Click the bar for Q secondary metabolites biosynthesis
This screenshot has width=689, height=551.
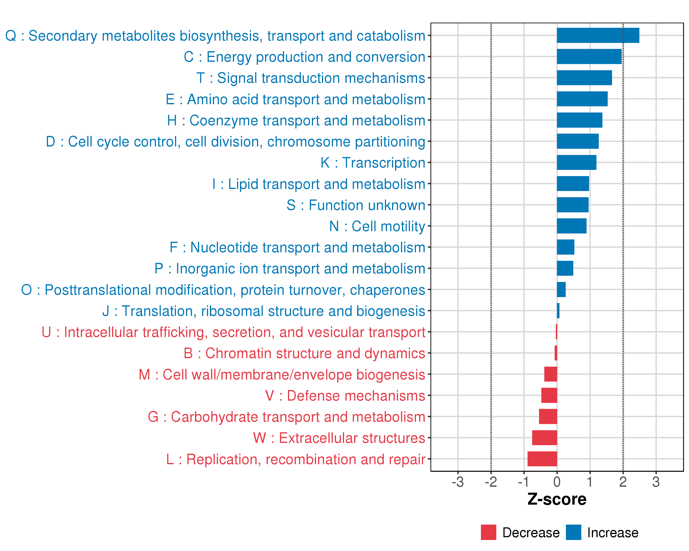[598, 35]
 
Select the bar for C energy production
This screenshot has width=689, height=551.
[589, 56]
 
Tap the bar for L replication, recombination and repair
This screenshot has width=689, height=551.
[542, 459]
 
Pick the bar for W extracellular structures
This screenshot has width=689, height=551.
[544, 438]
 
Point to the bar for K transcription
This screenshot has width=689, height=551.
[576, 162]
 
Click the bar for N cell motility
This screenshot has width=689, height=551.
[571, 226]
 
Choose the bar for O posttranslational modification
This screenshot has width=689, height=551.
[561, 290]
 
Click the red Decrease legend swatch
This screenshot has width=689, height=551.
[488, 532]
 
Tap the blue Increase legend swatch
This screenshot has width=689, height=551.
[573, 532]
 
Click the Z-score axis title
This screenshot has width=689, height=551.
[557, 499]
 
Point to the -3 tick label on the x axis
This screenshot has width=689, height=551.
[458, 482]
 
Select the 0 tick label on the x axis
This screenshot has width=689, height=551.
[557, 482]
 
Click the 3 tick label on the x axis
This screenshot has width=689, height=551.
[656, 482]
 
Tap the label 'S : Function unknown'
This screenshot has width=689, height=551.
[356, 205]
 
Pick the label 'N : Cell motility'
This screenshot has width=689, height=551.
[377, 226]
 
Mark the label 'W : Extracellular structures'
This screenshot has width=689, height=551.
[339, 438]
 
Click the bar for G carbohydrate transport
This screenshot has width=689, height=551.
[548, 416]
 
